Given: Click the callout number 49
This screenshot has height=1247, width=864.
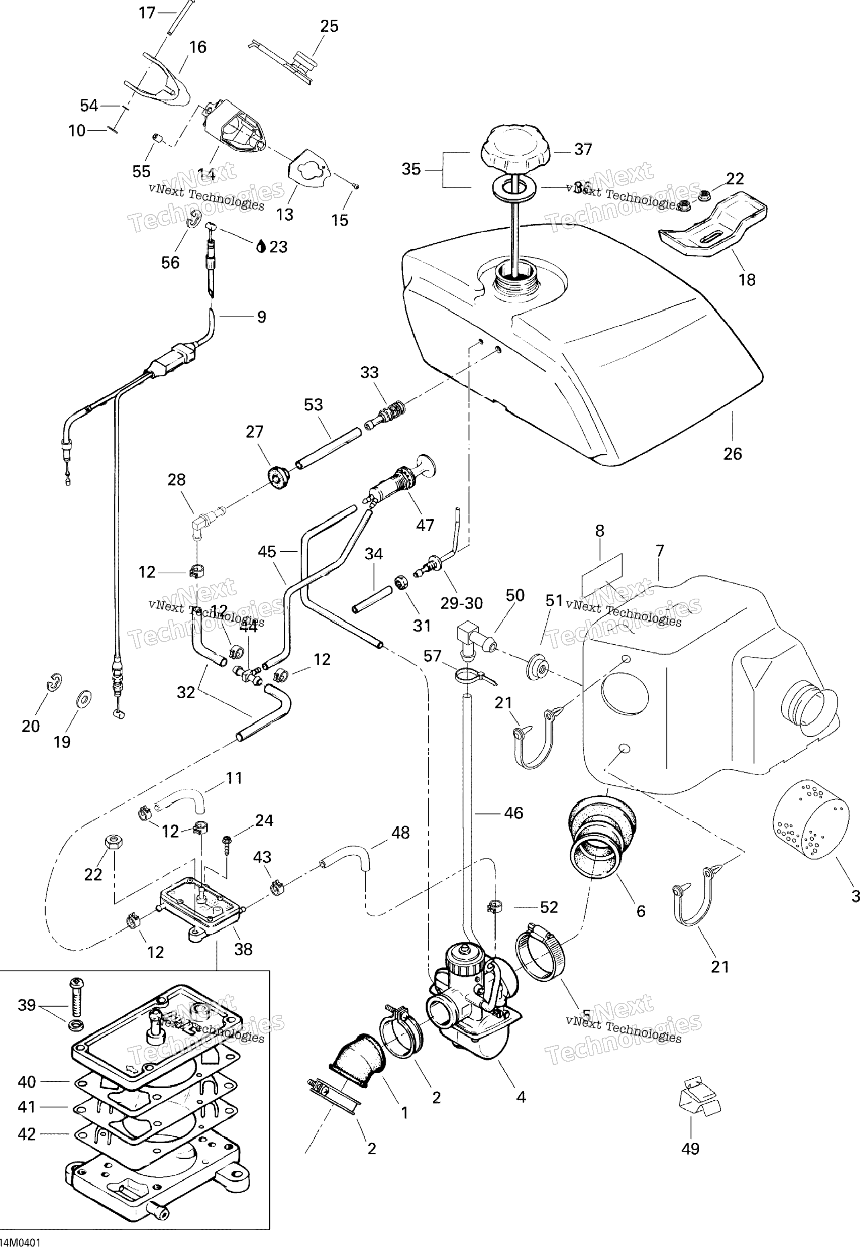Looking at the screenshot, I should click(690, 1148).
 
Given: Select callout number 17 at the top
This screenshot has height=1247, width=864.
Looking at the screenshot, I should click(147, 12).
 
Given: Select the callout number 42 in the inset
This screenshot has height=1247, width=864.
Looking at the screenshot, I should click(26, 1134).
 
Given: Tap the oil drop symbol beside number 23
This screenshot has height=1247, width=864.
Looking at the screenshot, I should click(262, 247).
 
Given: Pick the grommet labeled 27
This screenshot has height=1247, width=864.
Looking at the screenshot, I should click(279, 475).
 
